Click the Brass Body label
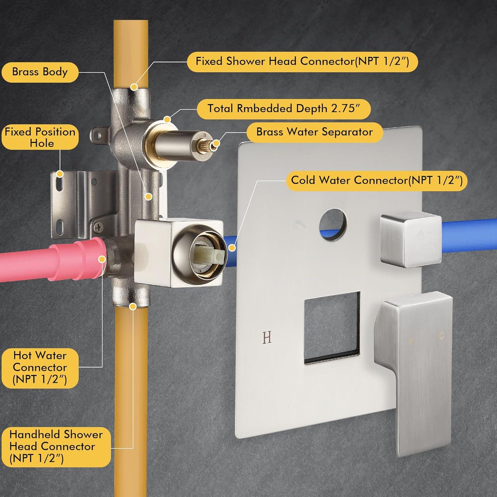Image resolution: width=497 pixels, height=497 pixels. [x=40, y=72]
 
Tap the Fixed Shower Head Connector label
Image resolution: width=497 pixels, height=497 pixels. [x=302, y=61]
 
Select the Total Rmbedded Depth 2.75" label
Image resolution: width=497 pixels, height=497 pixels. [x=284, y=109]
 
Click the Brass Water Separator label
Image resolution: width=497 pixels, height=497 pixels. [x=314, y=132]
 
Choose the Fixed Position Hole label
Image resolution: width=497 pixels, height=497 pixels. [x=40, y=137]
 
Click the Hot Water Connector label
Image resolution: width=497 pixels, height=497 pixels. [x=40, y=368]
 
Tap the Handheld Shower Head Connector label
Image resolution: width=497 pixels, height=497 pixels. [x=56, y=446]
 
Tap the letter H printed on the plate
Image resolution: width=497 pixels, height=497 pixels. [x=267, y=337]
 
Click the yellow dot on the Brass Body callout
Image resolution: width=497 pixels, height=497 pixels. [x=149, y=197]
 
